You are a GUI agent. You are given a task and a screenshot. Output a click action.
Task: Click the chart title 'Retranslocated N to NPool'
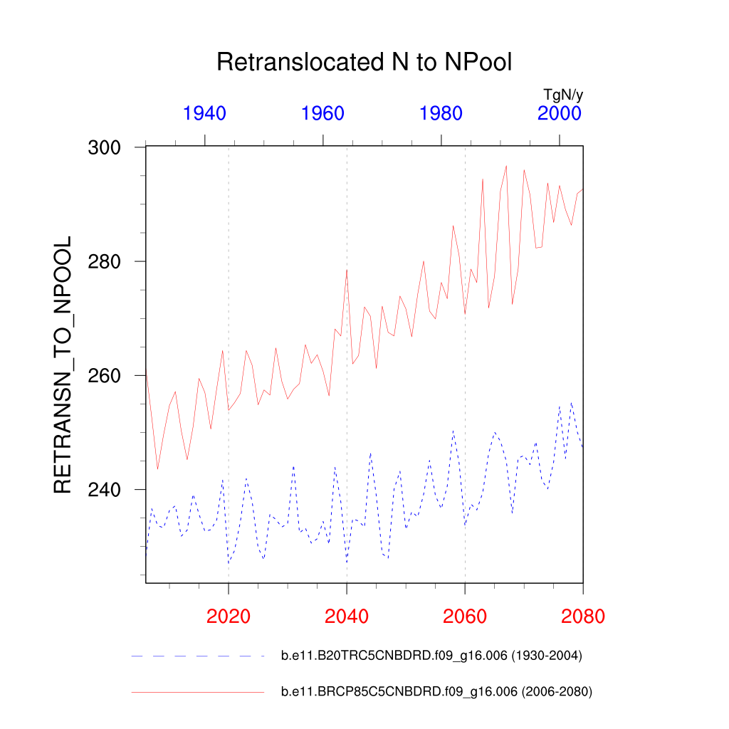[x=364, y=63]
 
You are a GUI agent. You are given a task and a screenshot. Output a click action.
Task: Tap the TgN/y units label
[x=563, y=95]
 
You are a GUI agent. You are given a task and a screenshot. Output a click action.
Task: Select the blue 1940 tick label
[x=205, y=113]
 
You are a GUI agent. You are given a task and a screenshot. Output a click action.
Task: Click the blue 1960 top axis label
[x=323, y=113]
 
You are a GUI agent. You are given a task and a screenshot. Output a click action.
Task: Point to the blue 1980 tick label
[x=441, y=113]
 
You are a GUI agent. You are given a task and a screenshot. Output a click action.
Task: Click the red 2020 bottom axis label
[x=229, y=616]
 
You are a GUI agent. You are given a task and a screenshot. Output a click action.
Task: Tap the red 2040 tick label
[x=347, y=616]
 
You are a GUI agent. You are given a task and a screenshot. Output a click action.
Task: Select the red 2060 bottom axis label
[x=465, y=616]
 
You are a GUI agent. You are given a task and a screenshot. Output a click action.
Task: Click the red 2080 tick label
[x=582, y=616]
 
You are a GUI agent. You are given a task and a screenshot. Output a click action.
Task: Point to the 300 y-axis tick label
[x=105, y=148]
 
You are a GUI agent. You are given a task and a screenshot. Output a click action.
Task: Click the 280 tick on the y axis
[x=105, y=262]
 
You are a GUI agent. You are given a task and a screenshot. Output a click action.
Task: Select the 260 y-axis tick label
[x=105, y=376]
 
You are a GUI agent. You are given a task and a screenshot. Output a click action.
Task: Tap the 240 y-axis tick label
[x=105, y=490]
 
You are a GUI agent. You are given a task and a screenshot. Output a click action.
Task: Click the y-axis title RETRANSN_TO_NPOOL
[x=63, y=364]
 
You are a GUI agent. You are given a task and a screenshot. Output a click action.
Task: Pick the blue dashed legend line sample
[x=197, y=656]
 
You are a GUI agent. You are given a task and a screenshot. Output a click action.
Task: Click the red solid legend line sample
[x=197, y=691]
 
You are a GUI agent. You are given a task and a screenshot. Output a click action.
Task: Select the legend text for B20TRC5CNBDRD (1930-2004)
[x=432, y=656]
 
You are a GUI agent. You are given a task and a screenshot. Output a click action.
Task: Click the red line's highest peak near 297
[x=506, y=166]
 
